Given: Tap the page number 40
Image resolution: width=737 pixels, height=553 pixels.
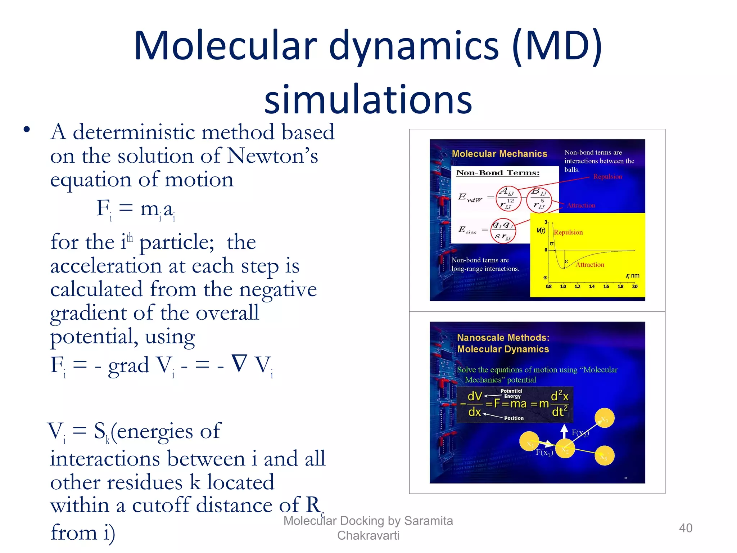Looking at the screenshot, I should (685, 528).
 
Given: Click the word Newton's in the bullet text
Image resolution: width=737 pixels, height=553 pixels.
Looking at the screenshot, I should (273, 156).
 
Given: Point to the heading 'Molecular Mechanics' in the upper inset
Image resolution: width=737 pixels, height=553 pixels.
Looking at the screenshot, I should (499, 154).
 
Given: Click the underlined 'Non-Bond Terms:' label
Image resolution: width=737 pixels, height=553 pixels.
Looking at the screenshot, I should (498, 173).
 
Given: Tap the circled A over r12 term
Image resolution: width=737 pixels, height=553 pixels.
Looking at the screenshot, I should (508, 198).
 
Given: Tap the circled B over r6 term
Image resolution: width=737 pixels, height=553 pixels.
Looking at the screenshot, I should (539, 199).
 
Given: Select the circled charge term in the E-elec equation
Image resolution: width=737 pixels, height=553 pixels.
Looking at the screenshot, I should (503, 230).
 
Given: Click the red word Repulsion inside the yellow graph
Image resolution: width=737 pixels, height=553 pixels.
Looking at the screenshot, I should (568, 232).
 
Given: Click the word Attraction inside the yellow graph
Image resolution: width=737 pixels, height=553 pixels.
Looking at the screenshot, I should (590, 265).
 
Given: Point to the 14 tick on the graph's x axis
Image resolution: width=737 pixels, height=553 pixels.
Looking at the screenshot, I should (592, 287).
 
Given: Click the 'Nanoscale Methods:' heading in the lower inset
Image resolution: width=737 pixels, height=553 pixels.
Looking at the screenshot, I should (503, 338).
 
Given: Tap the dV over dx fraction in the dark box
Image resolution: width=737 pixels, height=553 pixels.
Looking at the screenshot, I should (475, 404).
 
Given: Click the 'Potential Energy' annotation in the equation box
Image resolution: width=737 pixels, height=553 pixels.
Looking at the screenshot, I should (511, 394).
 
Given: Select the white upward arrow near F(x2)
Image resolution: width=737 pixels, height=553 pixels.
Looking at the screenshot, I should (564, 431).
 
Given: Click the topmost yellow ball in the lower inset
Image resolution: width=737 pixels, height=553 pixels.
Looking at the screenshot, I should (605, 418).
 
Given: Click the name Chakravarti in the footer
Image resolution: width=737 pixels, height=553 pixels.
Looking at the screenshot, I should (368, 535).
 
